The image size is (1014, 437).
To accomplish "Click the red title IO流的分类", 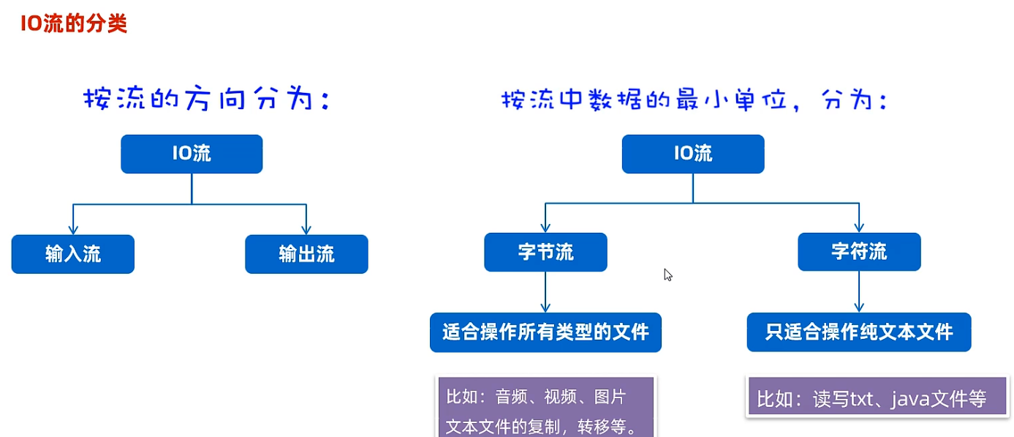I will click(x=74, y=23).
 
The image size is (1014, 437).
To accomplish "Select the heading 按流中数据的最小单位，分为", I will click(x=694, y=100).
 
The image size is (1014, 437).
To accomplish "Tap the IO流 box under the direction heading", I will click(x=192, y=154).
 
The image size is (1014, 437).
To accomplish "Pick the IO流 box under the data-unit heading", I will click(x=693, y=154).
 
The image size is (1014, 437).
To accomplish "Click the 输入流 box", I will click(x=73, y=254).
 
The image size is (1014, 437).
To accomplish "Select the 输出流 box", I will click(x=306, y=254).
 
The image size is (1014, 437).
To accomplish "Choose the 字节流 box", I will click(x=545, y=253).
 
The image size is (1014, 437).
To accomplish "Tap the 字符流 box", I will click(x=859, y=253).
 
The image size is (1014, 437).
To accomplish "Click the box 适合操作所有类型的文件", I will click(x=545, y=332).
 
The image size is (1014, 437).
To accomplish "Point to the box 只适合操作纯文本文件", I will click(x=859, y=332).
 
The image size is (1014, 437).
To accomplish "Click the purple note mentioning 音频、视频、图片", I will click(x=546, y=410).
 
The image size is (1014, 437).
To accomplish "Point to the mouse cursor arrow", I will click(x=667, y=274).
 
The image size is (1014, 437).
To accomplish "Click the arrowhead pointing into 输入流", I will click(x=73, y=228).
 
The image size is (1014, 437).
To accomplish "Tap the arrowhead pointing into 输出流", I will click(x=306, y=228).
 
